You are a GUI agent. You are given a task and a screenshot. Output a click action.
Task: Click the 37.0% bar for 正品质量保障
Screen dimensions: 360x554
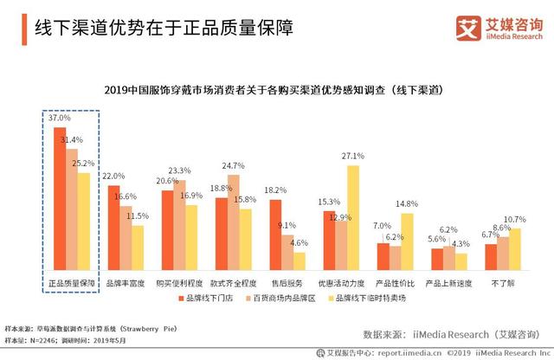pyautogui.click(x=60, y=200)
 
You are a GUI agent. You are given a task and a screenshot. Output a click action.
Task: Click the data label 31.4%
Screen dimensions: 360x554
pyautogui.click(x=73, y=139)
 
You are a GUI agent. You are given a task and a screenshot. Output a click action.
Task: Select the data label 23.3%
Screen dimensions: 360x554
pyautogui.click(x=179, y=170)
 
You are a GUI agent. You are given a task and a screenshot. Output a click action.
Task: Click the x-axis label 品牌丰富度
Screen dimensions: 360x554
pyautogui.click(x=125, y=284)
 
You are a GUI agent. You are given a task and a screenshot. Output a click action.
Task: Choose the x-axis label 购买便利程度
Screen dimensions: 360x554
pyautogui.click(x=179, y=284)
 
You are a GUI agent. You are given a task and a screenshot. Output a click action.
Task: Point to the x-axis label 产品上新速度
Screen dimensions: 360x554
pyautogui.click(x=449, y=284)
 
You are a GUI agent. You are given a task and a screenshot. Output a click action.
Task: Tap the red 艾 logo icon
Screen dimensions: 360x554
pyautogui.click(x=468, y=28)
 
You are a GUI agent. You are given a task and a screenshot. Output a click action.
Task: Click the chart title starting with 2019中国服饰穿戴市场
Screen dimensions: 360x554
pyautogui.click(x=276, y=89)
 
